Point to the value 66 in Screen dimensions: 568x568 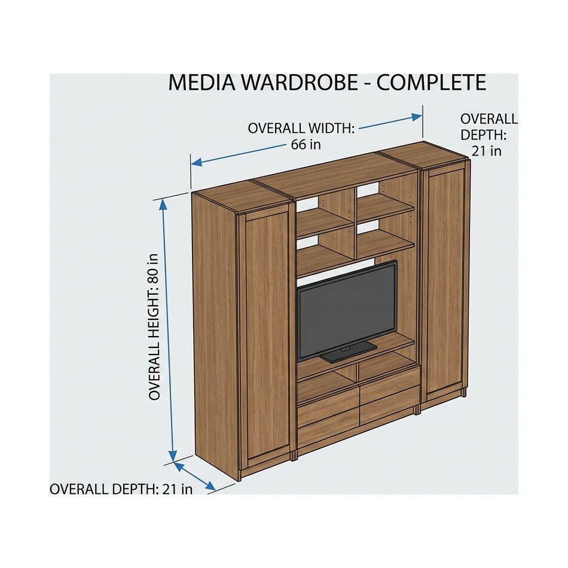(x=306, y=145)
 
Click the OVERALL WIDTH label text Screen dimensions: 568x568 (x=301, y=128)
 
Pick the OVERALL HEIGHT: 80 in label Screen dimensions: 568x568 (x=154, y=326)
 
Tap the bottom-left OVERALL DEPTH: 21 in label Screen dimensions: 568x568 (x=121, y=490)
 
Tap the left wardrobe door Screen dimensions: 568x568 (x=268, y=338)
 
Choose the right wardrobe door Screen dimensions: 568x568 (x=445, y=283)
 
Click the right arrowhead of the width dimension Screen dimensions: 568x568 (x=417, y=117)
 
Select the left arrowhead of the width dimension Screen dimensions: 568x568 (x=197, y=163)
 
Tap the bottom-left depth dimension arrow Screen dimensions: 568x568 (x=194, y=476)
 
